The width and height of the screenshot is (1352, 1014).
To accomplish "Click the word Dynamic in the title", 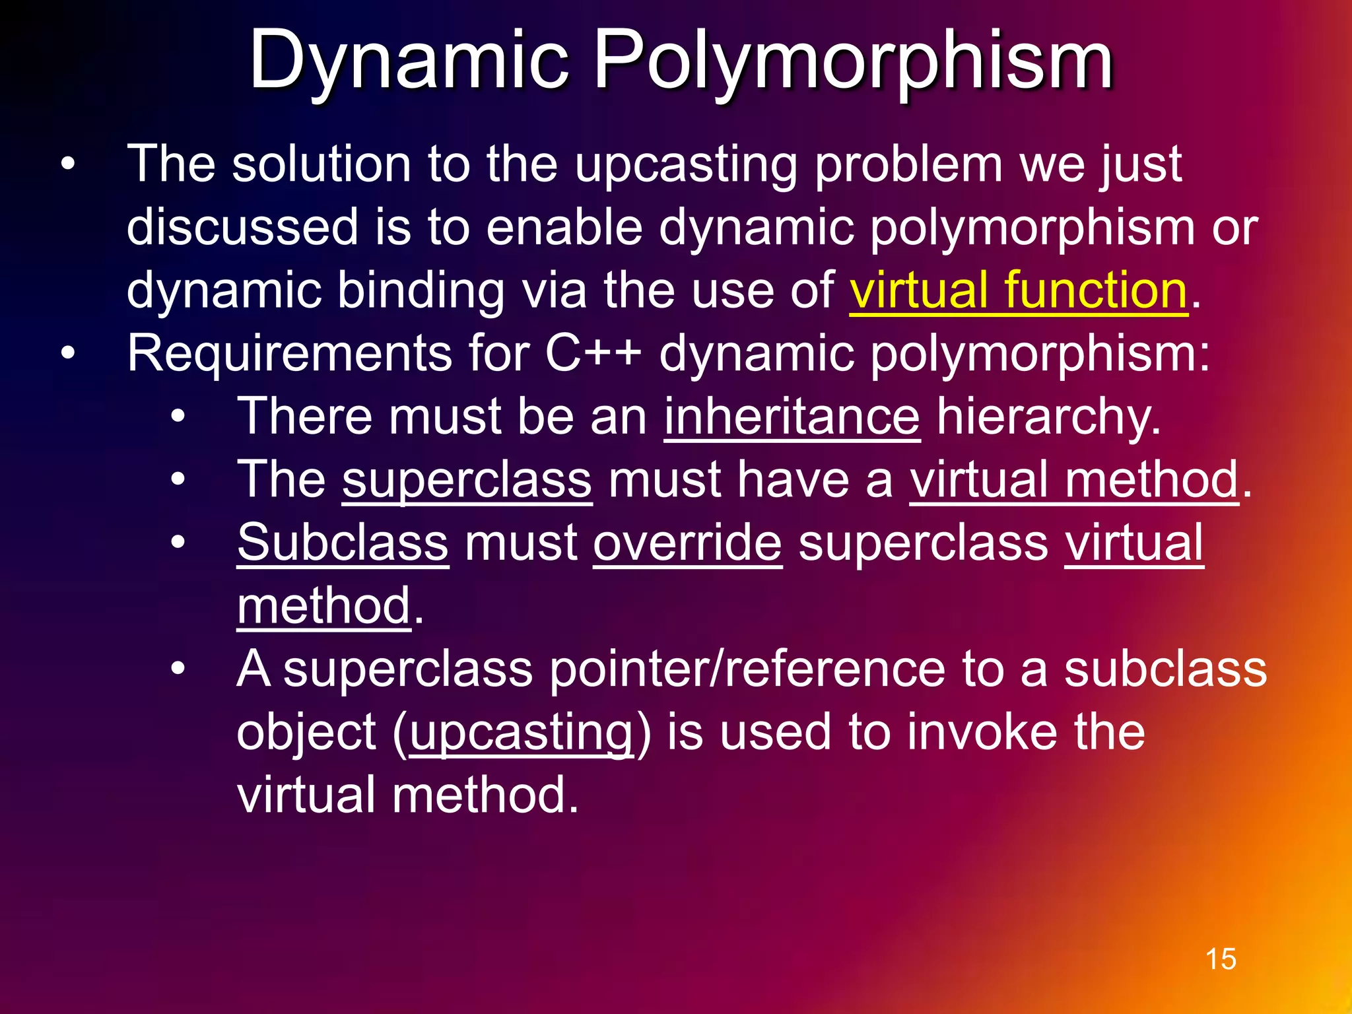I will [409, 61].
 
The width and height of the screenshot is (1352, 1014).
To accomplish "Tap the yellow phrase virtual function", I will [1018, 290].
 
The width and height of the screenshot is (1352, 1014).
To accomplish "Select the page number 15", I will [1221, 959].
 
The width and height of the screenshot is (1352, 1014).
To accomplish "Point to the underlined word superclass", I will [467, 480].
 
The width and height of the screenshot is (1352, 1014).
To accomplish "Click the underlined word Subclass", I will [343, 543].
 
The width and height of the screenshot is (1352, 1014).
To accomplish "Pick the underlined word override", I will [687, 543].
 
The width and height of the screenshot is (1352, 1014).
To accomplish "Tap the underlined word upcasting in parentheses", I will [522, 732].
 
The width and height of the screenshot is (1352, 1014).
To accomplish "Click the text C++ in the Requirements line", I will [593, 353].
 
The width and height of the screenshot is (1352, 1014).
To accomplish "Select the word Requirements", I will [289, 353].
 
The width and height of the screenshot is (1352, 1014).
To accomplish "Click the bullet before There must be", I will [178, 417].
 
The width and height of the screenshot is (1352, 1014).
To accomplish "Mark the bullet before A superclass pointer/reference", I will [178, 669].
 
